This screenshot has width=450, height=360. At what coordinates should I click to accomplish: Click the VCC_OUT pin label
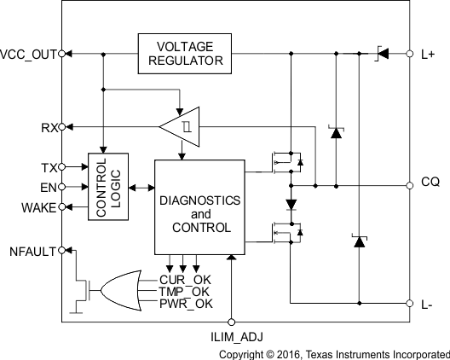(28, 54)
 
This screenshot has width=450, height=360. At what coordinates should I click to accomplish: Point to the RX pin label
(49, 128)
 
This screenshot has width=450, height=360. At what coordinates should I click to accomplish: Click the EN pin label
(49, 186)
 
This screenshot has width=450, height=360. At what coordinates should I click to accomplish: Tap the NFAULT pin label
(32, 251)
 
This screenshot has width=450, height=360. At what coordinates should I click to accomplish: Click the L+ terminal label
(429, 54)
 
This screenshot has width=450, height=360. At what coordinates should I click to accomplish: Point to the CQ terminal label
(430, 183)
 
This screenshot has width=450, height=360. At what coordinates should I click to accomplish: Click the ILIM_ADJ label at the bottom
(231, 339)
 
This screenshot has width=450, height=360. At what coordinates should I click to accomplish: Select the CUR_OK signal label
(184, 279)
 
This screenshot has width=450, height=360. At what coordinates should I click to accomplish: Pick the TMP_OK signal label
(184, 291)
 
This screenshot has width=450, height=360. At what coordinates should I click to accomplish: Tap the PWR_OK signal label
(184, 303)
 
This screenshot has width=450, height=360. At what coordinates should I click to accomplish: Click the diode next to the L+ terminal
(383, 54)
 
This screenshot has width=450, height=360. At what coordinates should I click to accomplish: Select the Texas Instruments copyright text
(334, 353)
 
